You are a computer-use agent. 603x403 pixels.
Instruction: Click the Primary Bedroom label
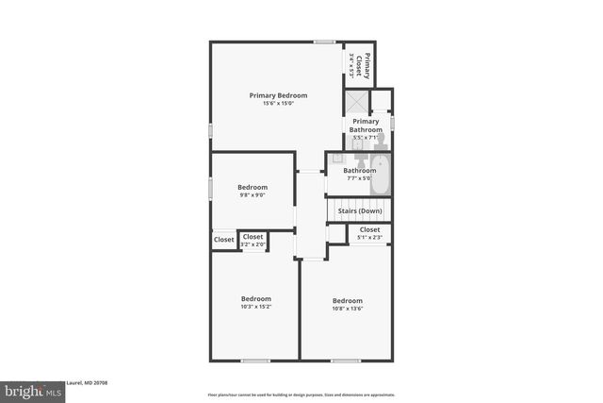coord(278,95)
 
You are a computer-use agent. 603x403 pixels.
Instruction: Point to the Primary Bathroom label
coord(366,126)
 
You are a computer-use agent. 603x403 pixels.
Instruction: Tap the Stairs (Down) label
coord(360,210)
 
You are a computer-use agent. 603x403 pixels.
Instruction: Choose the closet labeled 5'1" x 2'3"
coord(369,233)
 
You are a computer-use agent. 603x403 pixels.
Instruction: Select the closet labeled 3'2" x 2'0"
coord(253,241)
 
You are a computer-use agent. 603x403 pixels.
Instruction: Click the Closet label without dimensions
coord(223,241)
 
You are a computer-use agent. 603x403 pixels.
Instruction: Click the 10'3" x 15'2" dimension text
coord(255,307)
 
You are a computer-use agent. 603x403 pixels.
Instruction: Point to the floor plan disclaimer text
coord(301,395)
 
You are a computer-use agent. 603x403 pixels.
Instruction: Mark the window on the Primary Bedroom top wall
coord(324,42)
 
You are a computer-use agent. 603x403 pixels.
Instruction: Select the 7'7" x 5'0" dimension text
coord(359,177)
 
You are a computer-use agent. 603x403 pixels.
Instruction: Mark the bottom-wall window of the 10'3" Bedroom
coord(255,360)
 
